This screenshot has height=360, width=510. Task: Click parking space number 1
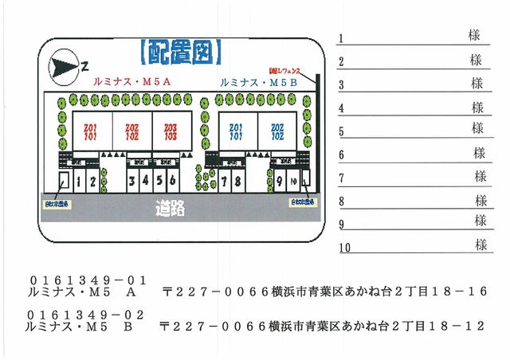click(x=79, y=182)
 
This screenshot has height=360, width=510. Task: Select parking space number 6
click(x=172, y=181)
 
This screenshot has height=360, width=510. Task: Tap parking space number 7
click(x=226, y=182)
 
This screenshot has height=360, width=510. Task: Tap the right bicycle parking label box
click(x=302, y=202)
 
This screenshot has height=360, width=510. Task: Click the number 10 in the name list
click(x=345, y=248)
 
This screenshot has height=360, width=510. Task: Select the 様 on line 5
click(x=478, y=128)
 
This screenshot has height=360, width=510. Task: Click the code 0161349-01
click(x=88, y=280)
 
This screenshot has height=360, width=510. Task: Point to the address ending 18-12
click(x=323, y=327)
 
